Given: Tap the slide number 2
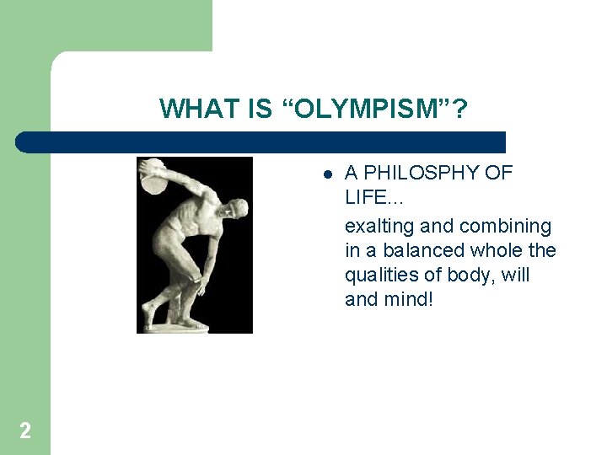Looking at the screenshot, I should (x=25, y=431).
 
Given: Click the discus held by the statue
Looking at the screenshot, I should (x=154, y=174).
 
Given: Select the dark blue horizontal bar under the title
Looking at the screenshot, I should (x=261, y=142).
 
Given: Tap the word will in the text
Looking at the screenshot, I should (x=515, y=276).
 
